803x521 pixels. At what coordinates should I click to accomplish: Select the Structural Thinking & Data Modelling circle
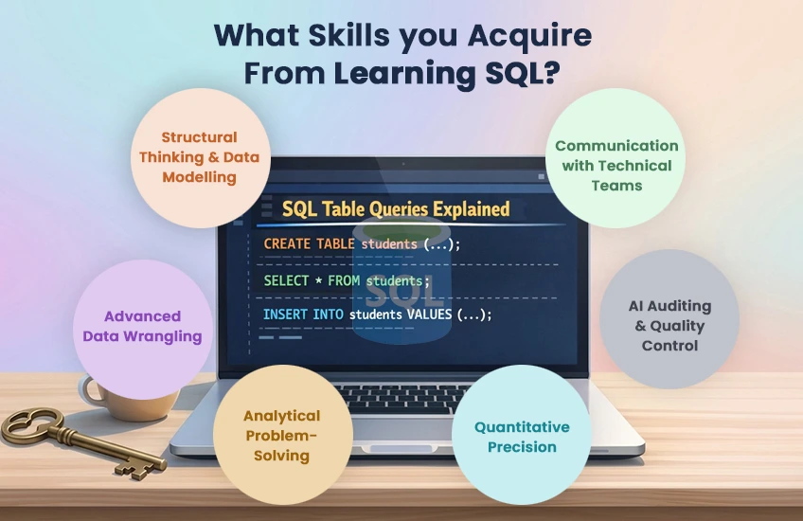point(199,157)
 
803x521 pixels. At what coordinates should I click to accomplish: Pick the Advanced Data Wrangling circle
point(142,327)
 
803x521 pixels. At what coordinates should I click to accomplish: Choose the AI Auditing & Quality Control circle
point(669,326)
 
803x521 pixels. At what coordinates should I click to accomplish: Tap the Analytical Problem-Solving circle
point(281,435)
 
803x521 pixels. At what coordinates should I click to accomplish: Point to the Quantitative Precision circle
point(522,436)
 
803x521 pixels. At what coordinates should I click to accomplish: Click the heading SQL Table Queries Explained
point(396,209)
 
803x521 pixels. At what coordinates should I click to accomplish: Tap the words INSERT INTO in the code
point(303,314)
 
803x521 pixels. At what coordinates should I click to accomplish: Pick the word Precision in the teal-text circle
point(522,446)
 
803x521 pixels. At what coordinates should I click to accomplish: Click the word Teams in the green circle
point(616,186)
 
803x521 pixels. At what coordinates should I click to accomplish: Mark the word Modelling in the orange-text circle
point(199,177)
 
